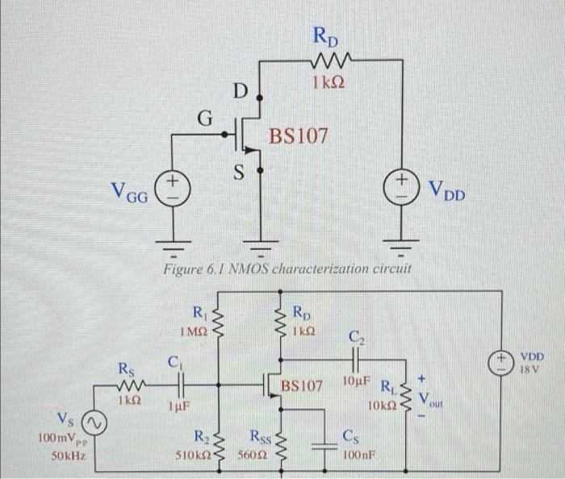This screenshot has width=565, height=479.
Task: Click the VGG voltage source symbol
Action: [172, 189]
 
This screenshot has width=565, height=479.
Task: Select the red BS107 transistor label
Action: [299, 136]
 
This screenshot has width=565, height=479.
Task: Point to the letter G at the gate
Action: [206, 120]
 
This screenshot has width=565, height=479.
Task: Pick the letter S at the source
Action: [240, 171]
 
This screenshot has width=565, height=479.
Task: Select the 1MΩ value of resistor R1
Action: [195, 331]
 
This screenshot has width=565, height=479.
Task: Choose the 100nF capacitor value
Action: [358, 456]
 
